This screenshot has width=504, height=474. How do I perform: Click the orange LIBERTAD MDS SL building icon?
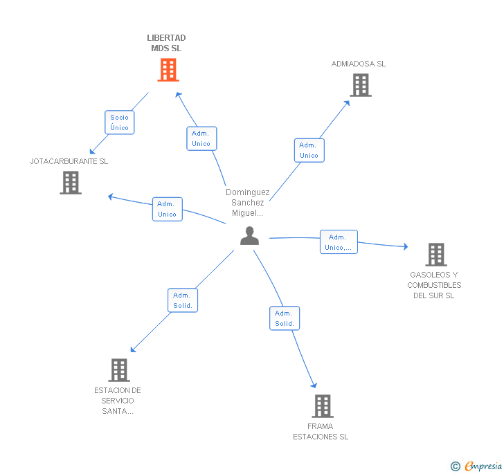coord(168,70)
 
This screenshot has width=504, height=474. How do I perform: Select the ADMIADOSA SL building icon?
coord(360,85)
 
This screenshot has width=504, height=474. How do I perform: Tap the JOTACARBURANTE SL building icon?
coord(71,183)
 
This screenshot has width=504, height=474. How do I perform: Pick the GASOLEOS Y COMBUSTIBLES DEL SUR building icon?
coord(435,255)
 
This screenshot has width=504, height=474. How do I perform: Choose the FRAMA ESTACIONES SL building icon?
coord(322,406)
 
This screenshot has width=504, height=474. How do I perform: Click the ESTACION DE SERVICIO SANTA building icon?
coord(119,370)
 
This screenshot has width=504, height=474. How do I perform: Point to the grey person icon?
coord(249,236)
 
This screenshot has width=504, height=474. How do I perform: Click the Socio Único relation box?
coord(119,122)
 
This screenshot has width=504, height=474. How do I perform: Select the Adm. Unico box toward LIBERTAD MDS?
coord(201,138)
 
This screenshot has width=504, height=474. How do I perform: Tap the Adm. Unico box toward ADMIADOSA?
coord(309,150)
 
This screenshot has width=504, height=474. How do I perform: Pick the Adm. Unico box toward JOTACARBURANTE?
coord(167,209)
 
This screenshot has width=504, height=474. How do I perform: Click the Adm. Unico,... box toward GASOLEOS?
coord(339,242)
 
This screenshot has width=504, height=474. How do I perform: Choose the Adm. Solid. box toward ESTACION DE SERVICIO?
coord(183,300)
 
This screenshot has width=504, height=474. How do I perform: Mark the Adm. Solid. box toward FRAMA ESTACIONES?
coord(284,318)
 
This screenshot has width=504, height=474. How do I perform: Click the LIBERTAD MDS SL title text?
coord(167,43)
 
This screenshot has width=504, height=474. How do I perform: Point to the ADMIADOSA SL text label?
coord(358,64)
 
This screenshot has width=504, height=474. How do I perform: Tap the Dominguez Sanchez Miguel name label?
coord(248,203)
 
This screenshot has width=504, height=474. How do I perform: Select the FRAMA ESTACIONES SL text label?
coord(321,432)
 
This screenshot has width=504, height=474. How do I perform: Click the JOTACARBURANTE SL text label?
coord(69,161)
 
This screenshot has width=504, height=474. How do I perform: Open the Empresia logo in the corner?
coord(476,466)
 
